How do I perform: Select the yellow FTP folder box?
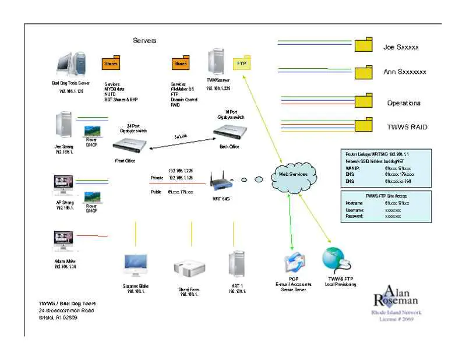(x=241, y=63)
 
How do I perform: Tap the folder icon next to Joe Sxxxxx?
(x=364, y=45)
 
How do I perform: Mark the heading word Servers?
(x=144, y=41)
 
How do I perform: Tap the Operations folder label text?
(x=404, y=103)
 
